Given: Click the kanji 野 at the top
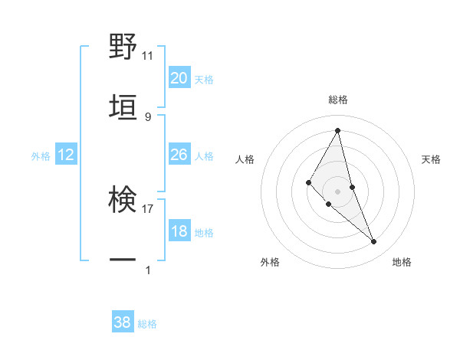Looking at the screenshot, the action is [123, 47].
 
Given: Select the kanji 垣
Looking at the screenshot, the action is [123, 107].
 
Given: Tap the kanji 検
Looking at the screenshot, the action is [123, 201].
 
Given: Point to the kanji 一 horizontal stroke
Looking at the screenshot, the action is [123, 260].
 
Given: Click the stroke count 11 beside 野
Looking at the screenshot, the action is [147, 56].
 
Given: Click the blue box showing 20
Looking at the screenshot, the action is [179, 78].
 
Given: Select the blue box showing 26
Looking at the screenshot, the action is [179, 155].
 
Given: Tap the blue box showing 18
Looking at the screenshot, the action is [179, 231].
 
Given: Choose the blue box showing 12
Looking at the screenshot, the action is [66, 155].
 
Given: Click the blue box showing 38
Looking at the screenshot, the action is [123, 322].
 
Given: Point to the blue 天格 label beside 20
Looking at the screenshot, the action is [204, 80].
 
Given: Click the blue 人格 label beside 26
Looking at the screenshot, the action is [204, 156].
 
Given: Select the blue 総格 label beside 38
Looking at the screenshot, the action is [147, 324].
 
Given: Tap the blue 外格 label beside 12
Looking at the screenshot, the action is [41, 156].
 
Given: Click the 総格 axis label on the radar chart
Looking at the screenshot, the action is [337, 100].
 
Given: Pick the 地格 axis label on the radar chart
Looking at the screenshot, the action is [402, 262].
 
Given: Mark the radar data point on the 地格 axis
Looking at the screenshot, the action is [374, 242].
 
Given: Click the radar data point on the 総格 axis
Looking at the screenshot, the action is [337, 130].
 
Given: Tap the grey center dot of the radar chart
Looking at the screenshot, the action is [337, 191].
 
